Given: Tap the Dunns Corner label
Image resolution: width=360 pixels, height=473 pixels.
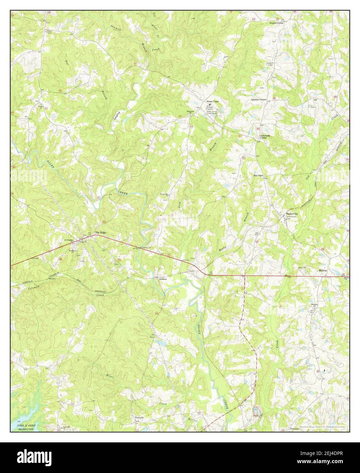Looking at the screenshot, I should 276,23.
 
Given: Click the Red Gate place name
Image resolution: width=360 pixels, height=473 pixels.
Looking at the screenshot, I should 258,175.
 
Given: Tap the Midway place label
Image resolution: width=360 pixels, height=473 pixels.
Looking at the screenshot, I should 323,270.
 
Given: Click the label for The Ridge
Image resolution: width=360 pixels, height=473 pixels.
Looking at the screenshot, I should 101,232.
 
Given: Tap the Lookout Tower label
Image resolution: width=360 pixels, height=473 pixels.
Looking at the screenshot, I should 271,64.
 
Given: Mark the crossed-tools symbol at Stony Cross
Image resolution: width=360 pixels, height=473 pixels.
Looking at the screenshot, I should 209,105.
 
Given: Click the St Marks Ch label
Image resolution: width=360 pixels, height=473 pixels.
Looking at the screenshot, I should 73,251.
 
